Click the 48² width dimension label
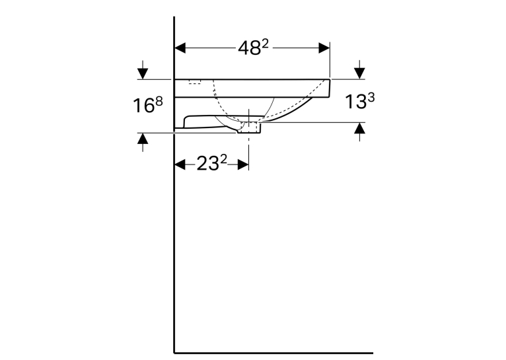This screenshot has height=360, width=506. tap(253, 48)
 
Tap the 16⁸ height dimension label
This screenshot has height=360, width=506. tap(148, 105)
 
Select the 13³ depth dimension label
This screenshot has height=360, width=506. tap(360, 101)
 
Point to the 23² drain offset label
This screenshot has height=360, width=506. tap(211, 163)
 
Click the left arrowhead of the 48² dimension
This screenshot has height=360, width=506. tap(180, 48)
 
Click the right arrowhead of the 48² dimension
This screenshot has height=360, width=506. tap(324, 48)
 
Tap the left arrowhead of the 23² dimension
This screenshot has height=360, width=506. tap(180, 164)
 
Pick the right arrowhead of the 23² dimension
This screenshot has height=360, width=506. tap(243, 164)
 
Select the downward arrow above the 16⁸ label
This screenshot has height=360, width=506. tap(143, 70)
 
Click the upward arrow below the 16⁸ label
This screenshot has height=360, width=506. tap(143, 142)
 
